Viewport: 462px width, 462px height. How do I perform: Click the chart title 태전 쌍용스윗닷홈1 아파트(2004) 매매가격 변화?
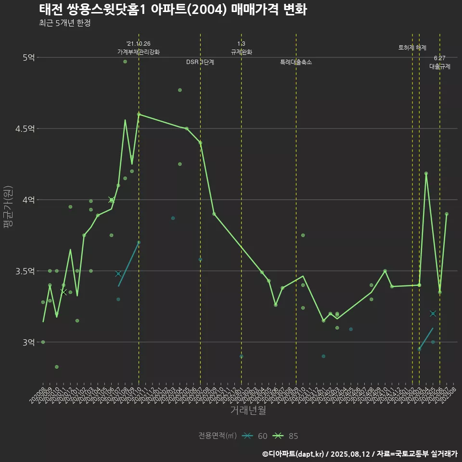tap(173, 9)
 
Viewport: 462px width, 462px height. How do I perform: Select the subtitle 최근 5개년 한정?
tap(64, 23)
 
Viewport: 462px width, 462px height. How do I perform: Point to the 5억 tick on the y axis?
tap(28, 57)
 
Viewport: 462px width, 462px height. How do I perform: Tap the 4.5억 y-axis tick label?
tap(25, 128)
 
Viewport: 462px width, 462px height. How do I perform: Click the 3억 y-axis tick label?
tap(28, 342)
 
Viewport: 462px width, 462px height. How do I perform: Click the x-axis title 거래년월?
tap(248, 410)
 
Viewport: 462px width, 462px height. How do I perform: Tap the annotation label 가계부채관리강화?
tap(139, 52)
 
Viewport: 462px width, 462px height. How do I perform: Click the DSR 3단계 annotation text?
tap(200, 62)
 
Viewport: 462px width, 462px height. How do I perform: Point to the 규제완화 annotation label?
tap(241, 52)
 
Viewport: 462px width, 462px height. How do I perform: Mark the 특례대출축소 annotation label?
tap(296, 62)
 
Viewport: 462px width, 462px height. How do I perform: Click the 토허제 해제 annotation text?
tap(412, 48)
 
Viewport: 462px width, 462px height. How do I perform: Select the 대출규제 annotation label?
tap(440, 67)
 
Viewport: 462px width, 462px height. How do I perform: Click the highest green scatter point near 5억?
tap(125, 62)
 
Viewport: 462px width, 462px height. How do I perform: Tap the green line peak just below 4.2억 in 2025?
tap(426, 173)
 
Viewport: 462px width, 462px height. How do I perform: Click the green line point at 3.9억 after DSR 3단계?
tap(214, 214)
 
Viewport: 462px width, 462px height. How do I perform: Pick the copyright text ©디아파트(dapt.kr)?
tap(293, 453)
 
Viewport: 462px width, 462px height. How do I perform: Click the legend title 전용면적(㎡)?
tap(218, 436)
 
